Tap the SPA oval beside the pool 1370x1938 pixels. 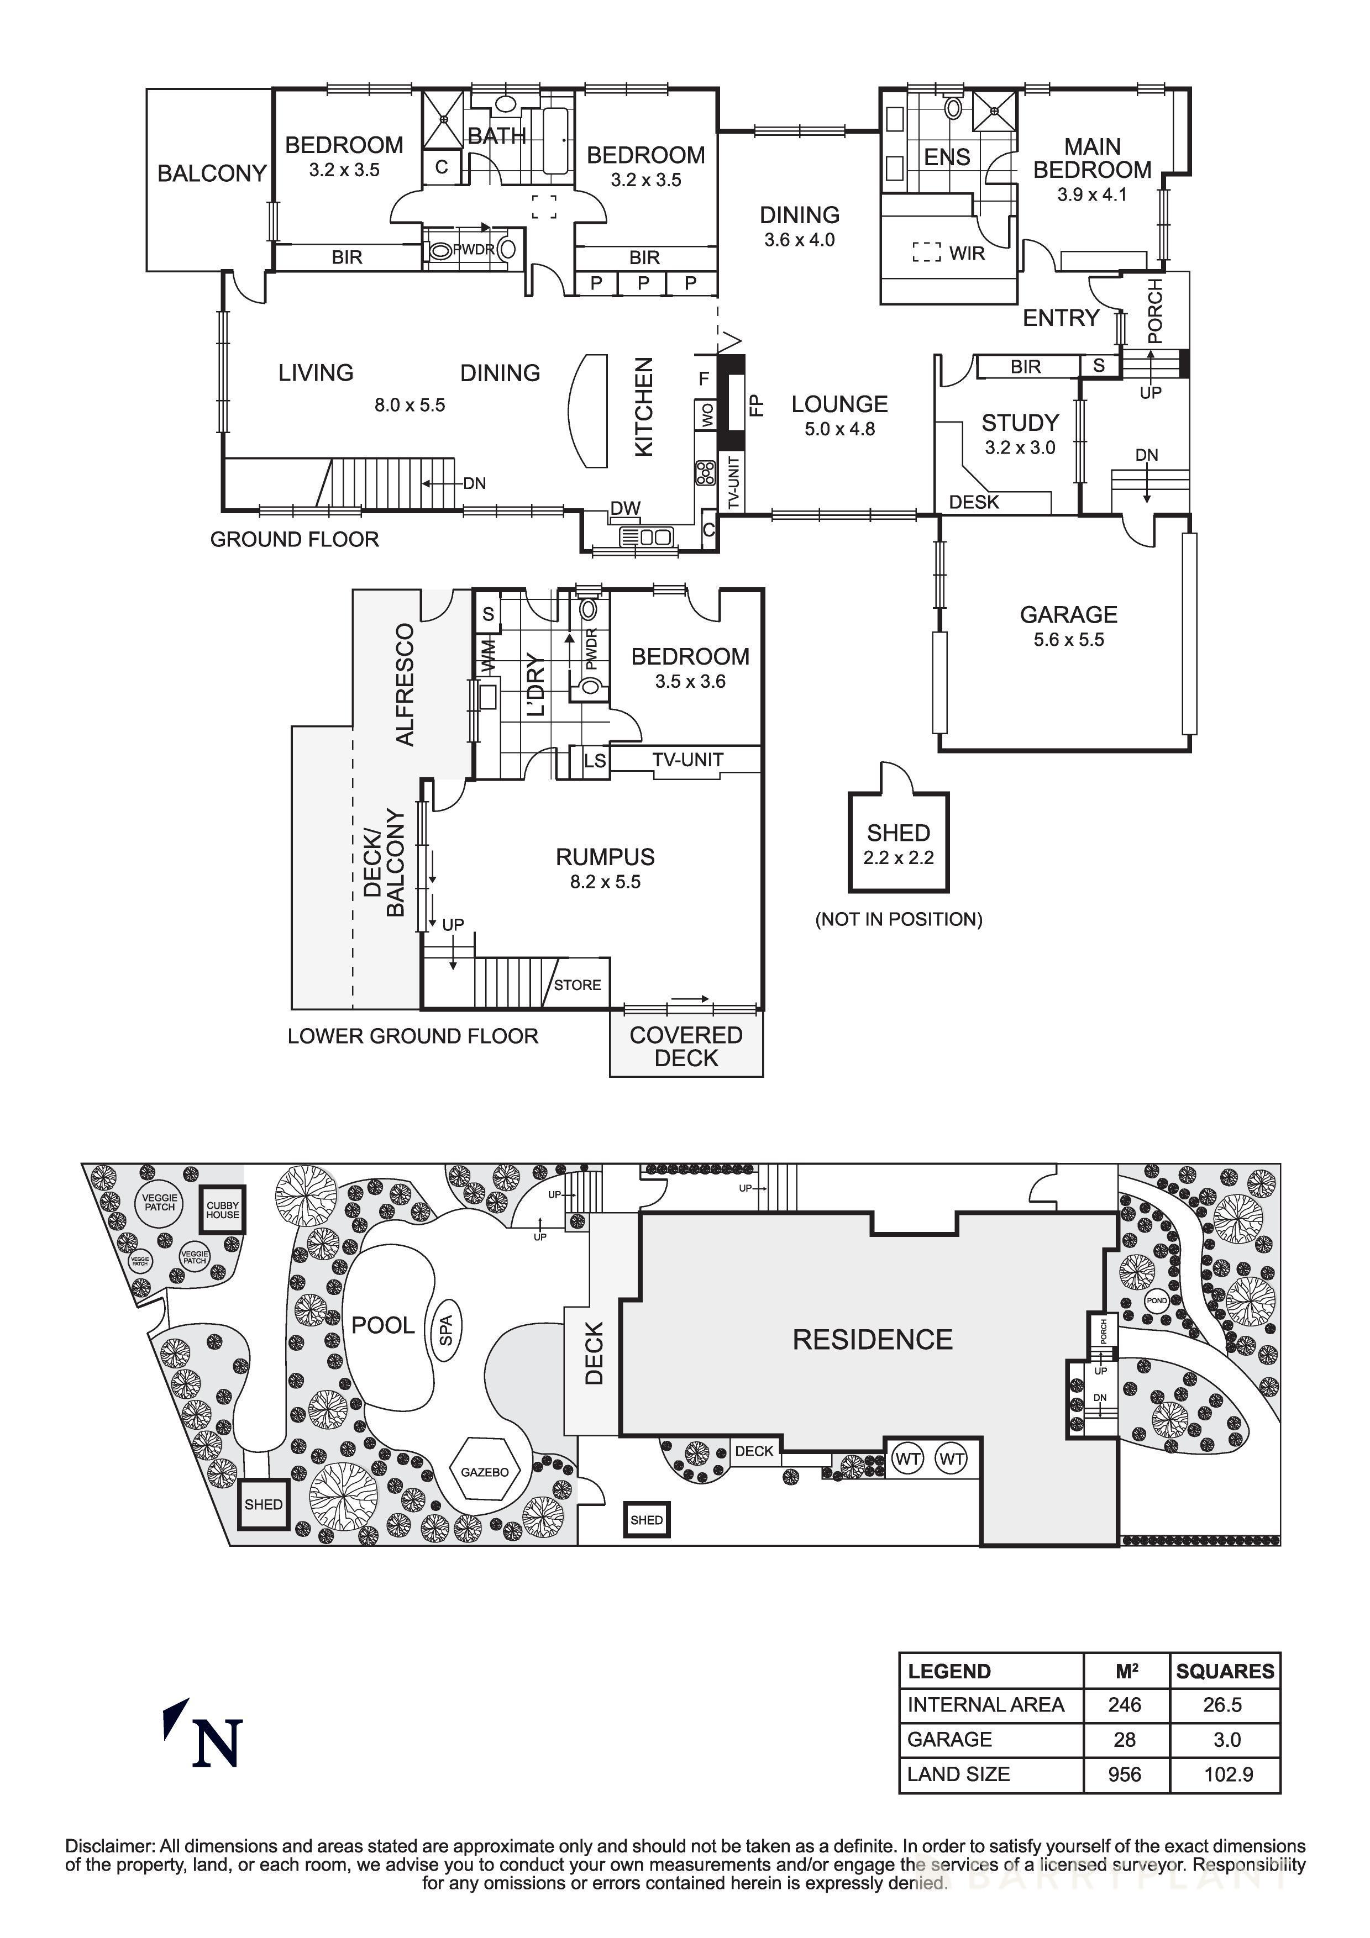coord(445,1331)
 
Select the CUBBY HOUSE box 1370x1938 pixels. coord(223,1210)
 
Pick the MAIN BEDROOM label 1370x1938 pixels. coord(1091,159)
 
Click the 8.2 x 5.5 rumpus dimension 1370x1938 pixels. coord(605,882)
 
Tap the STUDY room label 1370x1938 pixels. coord(1020,422)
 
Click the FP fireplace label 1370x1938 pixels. coord(757,405)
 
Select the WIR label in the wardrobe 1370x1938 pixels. coord(967,253)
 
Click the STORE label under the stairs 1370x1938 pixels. coord(578,985)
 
